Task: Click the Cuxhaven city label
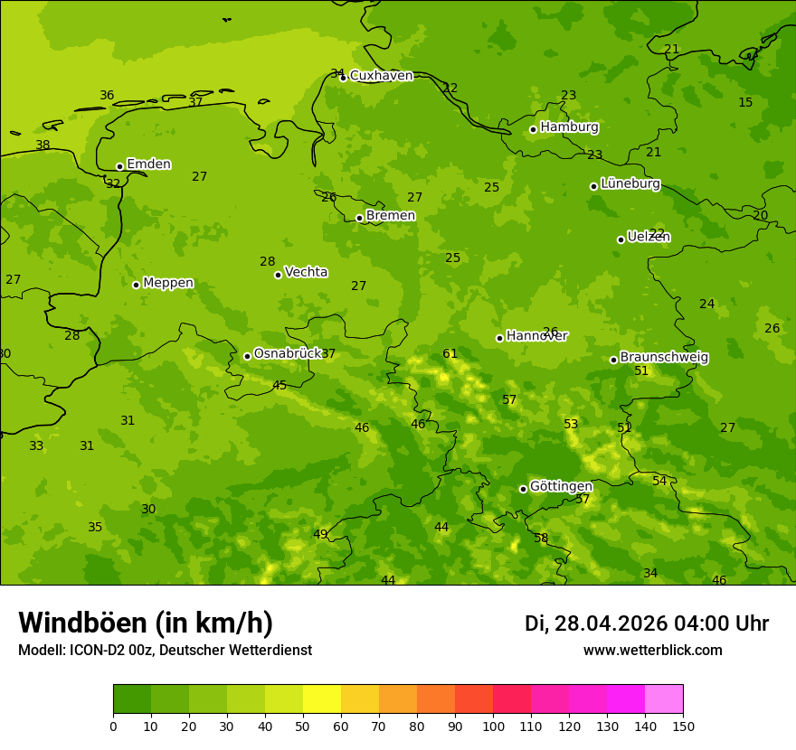(381, 76)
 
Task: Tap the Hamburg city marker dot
(533, 129)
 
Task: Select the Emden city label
(148, 164)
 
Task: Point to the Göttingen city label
(561, 486)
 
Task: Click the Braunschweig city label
(664, 358)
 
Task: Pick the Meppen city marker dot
(136, 285)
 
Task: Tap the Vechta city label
(306, 272)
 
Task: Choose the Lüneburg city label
(630, 183)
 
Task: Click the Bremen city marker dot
(359, 218)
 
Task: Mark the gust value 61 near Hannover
(450, 354)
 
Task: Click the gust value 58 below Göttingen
(541, 539)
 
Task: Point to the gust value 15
(745, 103)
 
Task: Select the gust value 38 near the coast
(43, 145)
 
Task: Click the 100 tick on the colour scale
(493, 726)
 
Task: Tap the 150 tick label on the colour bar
(683, 726)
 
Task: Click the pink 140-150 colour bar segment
(664, 699)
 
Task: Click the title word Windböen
(82, 623)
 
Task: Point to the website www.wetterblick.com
(652, 651)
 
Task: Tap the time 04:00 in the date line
(696, 623)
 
